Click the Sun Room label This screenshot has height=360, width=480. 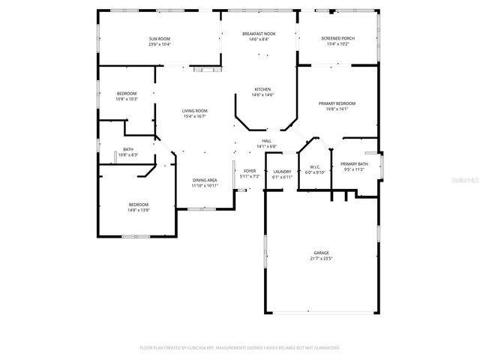pos(159,38)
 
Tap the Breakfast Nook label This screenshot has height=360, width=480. pos(259,34)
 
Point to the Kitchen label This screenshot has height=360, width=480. pos(262,89)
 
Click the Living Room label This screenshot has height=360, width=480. pos(194,111)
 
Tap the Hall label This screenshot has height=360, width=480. pos(266,141)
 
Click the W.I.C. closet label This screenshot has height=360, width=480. pos(315,166)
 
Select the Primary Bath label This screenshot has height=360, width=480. pos(354,164)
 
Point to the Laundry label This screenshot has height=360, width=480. pos(282,172)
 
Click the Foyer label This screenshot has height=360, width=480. pos(250,171)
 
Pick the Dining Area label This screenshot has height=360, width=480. pos(205,180)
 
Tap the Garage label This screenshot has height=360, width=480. pos(321,253)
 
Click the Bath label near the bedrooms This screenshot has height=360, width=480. pos(128,149)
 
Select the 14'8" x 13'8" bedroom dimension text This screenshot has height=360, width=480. pos(138,210)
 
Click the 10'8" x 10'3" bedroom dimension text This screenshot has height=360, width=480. pos(127,99)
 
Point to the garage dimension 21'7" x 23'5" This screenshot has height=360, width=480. pos(321,259)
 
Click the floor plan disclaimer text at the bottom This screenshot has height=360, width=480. pos(240,348)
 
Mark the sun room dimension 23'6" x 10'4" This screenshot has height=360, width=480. pos(159,44)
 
